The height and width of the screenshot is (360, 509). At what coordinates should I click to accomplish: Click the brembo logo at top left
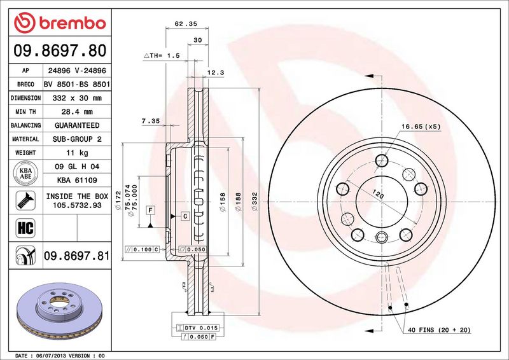coord(58,23)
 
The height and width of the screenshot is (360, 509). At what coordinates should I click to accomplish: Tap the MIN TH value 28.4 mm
coord(76,112)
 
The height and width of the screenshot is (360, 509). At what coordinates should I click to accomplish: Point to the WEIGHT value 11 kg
coord(76,153)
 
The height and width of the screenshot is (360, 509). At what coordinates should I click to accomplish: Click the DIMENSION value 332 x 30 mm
coord(76,99)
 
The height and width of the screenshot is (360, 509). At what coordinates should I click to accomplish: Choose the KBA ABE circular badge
coord(25,173)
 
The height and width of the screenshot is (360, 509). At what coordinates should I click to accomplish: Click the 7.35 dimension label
coord(150,120)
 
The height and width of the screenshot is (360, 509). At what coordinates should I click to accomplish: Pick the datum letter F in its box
coord(150,209)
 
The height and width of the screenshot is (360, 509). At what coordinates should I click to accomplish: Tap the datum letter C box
coord(185,217)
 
